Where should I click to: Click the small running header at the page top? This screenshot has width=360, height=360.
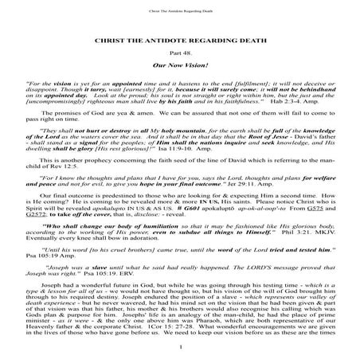179,10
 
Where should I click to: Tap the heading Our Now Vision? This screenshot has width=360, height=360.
179,67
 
